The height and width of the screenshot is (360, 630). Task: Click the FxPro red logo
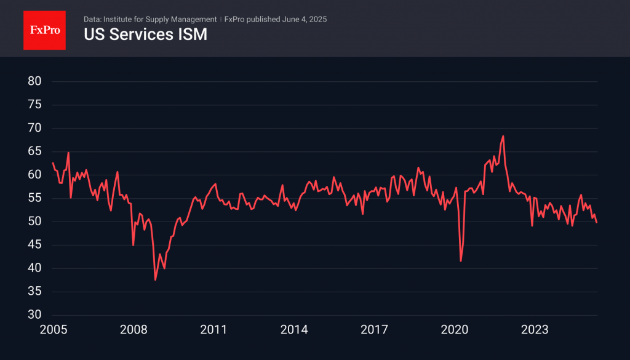pos(44,29)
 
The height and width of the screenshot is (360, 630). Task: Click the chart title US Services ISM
pos(145,35)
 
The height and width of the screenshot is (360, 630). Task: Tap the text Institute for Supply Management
pos(159,19)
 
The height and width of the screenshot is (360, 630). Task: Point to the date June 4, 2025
pos(305,19)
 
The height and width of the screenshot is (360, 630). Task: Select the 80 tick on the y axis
pos(34,81)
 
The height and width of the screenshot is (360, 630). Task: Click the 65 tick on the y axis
pos(34,151)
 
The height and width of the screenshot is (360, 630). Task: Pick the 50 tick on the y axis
pos(34,222)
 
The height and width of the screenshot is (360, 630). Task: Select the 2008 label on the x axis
pos(134,330)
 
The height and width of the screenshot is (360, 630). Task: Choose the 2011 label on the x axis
pos(213,330)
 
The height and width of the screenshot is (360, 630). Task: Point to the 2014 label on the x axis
pos(294,330)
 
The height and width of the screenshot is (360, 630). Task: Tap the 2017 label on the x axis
pos(375,330)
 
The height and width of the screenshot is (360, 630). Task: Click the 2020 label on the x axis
pos(455,330)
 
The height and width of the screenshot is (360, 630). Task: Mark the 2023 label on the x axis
pos(535,330)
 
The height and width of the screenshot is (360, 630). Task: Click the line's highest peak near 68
pos(503,136)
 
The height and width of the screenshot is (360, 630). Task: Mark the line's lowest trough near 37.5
pos(155,280)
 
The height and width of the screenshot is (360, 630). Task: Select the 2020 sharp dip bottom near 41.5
pos(461,261)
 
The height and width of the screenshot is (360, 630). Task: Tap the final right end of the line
pos(597,222)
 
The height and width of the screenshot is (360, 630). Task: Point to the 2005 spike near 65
pos(68,153)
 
